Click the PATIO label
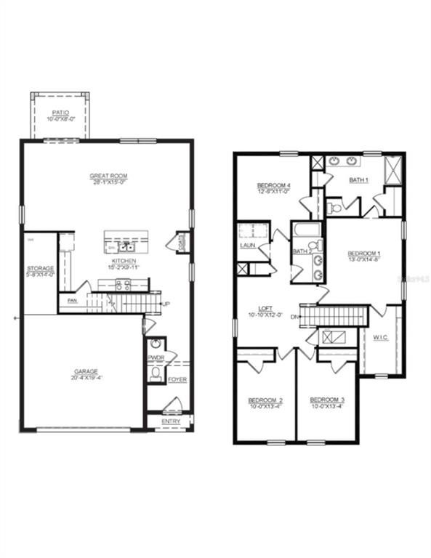click(60, 113)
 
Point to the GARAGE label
click(85, 371)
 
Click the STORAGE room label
click(41, 268)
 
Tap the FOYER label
click(177, 380)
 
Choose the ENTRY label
click(171, 421)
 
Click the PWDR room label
click(156, 357)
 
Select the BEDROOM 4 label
click(274, 186)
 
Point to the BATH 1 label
click(358, 179)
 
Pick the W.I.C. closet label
click(381, 336)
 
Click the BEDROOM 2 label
click(265, 400)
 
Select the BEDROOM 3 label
click(327, 400)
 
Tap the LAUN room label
click(247, 246)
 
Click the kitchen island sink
click(126, 246)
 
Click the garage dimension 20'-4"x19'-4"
click(85, 378)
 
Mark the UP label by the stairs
click(166, 303)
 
